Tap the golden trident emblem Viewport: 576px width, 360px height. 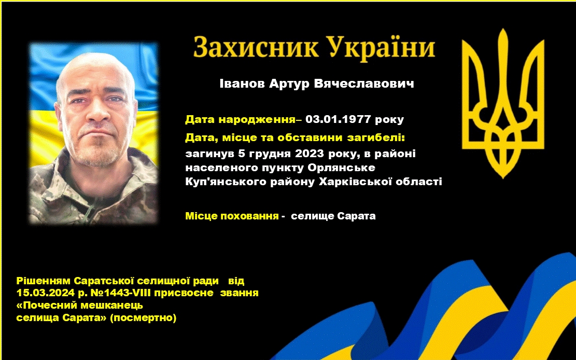point(503,104)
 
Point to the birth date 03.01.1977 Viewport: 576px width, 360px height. point(339,119)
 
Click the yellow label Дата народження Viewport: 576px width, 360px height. point(240,119)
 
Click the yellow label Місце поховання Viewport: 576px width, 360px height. point(232,216)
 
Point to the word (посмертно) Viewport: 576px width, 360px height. point(143,317)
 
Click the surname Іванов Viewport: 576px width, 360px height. point(243,84)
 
